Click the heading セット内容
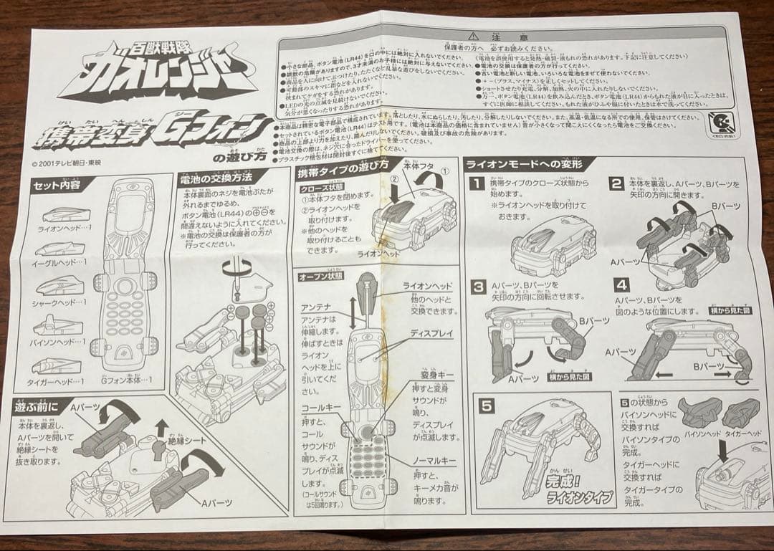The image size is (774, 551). (x=60, y=186)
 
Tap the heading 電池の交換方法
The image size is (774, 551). (x=215, y=178)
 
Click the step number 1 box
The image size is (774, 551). (x=475, y=183)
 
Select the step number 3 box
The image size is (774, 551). (x=478, y=287)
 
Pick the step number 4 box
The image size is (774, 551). (x=621, y=284)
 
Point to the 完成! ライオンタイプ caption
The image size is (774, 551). (x=570, y=491)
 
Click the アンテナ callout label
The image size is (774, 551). (x=315, y=307)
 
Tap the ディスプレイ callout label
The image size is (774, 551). (x=431, y=334)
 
